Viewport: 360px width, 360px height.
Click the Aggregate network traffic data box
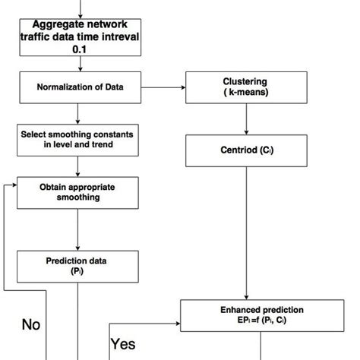tap(79, 35)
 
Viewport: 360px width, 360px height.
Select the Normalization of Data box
tap(79, 87)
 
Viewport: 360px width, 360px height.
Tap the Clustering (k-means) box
tap(245, 87)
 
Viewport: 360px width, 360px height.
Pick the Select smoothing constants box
tap(78, 140)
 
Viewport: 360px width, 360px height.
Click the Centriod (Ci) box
tap(245, 150)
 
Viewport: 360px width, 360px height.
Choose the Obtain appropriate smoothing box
tap(78, 193)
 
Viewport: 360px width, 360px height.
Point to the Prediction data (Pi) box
tap(78, 265)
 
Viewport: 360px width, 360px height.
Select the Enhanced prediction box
tap(261, 315)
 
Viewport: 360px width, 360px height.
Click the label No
tap(30, 324)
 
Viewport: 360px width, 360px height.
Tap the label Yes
tap(123, 344)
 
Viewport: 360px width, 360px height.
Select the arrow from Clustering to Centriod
tap(245, 118)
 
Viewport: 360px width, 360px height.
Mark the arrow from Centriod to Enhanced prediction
tap(245, 232)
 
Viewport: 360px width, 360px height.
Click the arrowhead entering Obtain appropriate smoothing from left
tap(13, 187)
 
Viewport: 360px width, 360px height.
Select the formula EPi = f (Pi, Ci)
tap(261, 321)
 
